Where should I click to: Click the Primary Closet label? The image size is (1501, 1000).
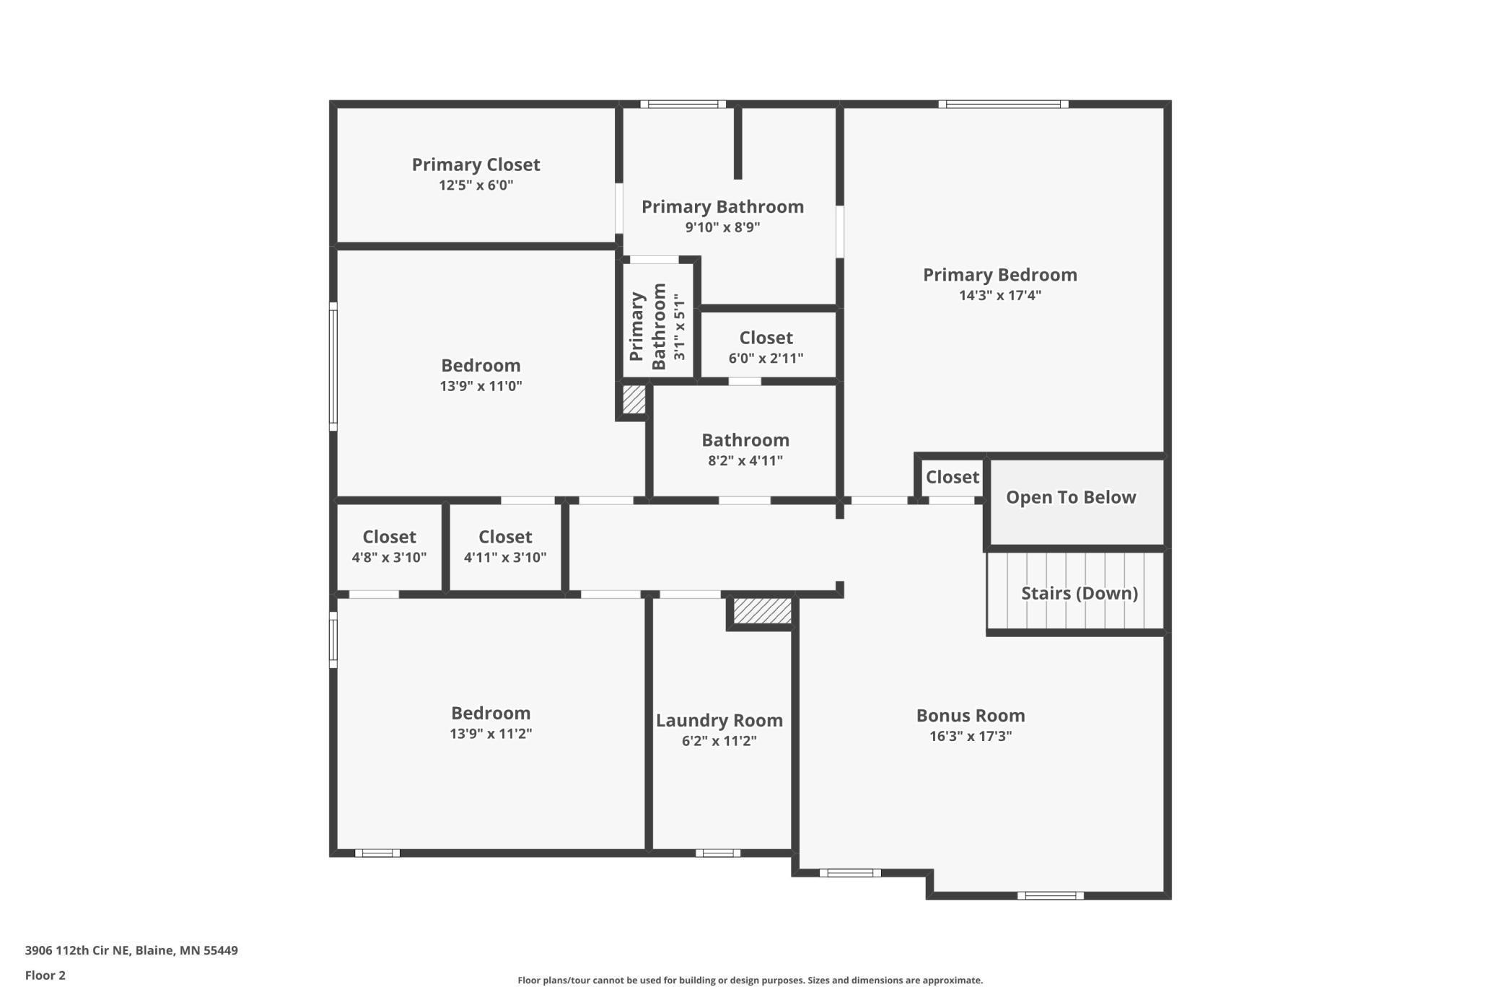pyautogui.click(x=476, y=165)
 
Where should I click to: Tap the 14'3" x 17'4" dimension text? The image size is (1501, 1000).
pyautogui.click(x=999, y=295)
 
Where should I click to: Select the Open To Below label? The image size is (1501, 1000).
pyautogui.click(x=1070, y=497)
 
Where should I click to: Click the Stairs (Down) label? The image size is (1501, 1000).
pyautogui.click(x=1079, y=593)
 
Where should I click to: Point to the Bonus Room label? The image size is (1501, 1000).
pyautogui.click(x=970, y=716)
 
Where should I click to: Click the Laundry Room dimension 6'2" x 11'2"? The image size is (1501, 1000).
pyautogui.click(x=719, y=741)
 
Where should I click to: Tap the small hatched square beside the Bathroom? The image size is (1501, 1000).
pyautogui.click(x=634, y=400)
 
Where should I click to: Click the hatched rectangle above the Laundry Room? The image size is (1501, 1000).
pyautogui.click(x=762, y=610)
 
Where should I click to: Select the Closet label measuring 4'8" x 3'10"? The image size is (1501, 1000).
pyautogui.click(x=389, y=537)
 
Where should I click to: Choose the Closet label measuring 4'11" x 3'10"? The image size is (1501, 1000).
pyautogui.click(x=505, y=537)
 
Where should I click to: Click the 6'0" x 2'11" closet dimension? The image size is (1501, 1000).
pyautogui.click(x=766, y=359)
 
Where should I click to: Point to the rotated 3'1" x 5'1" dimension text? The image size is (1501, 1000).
pyautogui.click(x=678, y=327)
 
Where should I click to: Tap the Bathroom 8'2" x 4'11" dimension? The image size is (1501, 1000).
pyautogui.click(x=745, y=461)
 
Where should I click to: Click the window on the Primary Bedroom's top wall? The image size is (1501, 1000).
pyautogui.click(x=1003, y=105)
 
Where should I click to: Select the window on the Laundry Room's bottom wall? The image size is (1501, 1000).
pyautogui.click(x=717, y=854)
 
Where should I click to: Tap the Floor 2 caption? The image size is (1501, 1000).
pyautogui.click(x=45, y=975)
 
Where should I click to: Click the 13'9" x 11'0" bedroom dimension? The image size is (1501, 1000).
pyautogui.click(x=481, y=386)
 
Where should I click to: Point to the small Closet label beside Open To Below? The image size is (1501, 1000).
pyautogui.click(x=952, y=477)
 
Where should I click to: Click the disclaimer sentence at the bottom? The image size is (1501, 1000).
pyautogui.click(x=750, y=981)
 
